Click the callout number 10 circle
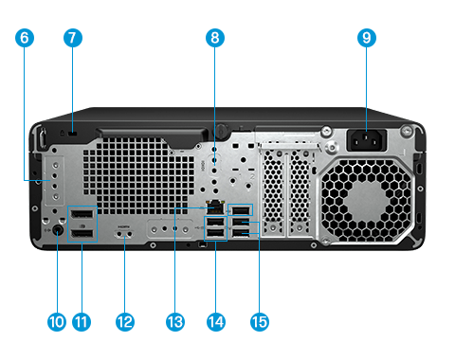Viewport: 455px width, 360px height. click(x=57, y=322)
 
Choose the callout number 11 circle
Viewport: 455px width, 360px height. click(x=82, y=322)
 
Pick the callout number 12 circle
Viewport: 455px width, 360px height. click(x=125, y=322)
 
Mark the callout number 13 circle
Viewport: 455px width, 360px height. click(x=174, y=322)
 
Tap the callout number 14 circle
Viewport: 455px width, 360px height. click(x=216, y=322)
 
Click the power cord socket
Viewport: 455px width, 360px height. click(x=367, y=145)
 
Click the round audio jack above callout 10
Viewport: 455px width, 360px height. click(x=57, y=228)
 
